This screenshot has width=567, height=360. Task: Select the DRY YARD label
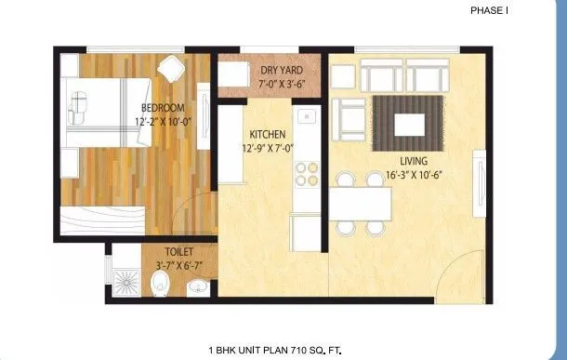[283, 70]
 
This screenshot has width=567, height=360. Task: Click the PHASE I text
[489, 10]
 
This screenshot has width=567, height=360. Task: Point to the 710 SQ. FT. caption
[312, 350]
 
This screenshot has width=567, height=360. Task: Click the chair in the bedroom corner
[170, 68]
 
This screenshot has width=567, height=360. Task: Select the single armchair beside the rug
[352, 118]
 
